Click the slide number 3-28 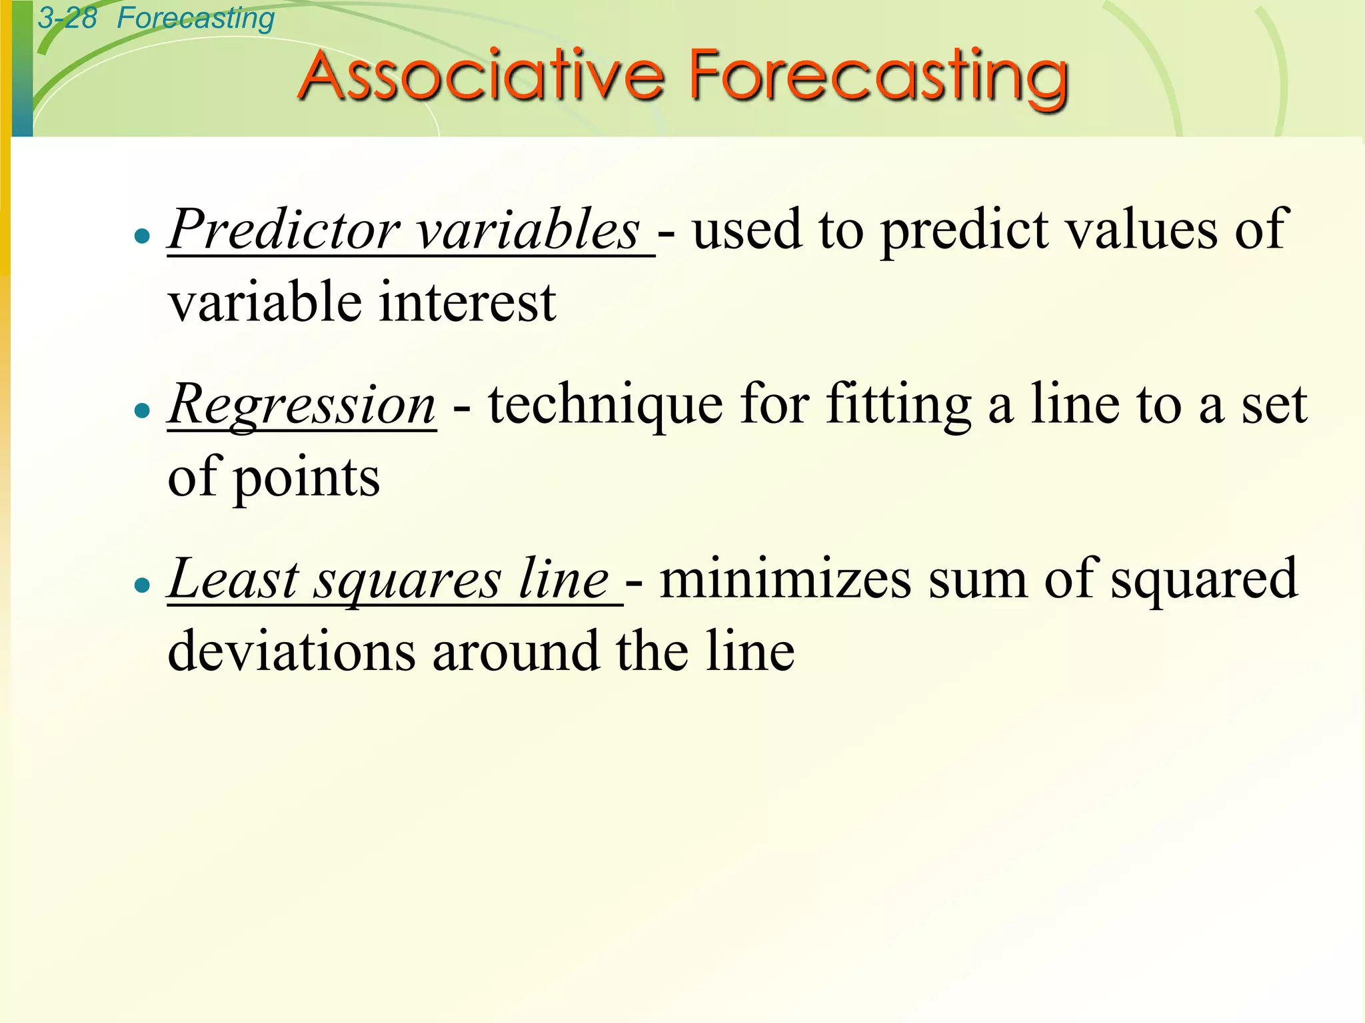67,18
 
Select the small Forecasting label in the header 195,19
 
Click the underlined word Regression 302,405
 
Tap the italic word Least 233,579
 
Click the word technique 605,405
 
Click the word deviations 291,651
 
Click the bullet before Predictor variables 142,236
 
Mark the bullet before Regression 142,410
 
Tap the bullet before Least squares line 142,585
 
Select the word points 306,478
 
